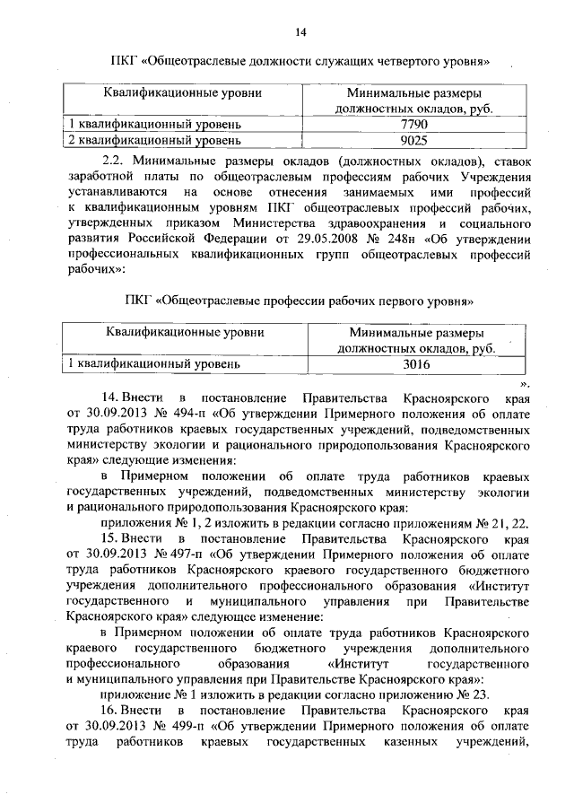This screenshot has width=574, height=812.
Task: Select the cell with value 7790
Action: click(418, 124)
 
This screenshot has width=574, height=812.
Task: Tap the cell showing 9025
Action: click(418, 140)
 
